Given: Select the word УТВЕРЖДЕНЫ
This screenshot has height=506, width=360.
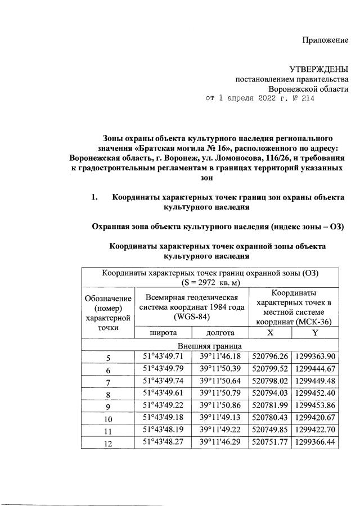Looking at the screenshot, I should click(318, 69).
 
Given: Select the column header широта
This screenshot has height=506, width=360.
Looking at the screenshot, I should click(163, 333).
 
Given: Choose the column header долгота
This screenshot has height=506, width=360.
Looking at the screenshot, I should click(220, 333).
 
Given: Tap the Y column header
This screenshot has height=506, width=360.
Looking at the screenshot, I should click(316, 333).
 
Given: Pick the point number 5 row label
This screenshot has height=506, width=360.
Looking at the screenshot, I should click(109, 358).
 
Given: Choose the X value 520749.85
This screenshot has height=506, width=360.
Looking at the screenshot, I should click(271, 430).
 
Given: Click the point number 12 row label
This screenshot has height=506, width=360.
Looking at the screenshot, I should click(109, 444).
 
